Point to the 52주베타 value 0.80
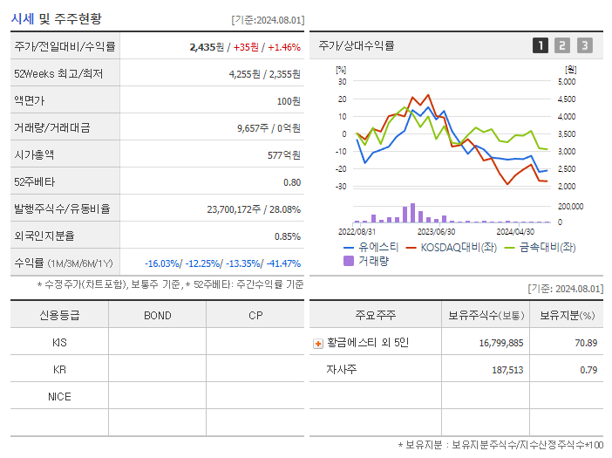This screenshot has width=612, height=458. pos(291,182)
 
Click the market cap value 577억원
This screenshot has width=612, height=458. pos(284,155)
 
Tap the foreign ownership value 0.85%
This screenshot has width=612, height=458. pos(287,236)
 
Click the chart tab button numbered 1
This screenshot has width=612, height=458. pos(541,46)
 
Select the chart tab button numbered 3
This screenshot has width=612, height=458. pos(584,46)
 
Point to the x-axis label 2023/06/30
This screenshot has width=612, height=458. pos(436,232)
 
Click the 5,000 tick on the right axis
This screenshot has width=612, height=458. pos(566,82)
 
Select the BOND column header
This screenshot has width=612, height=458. pos(157,316)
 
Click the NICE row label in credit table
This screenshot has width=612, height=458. pos(59,397)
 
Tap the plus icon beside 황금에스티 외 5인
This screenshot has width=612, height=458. pos(318,344)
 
